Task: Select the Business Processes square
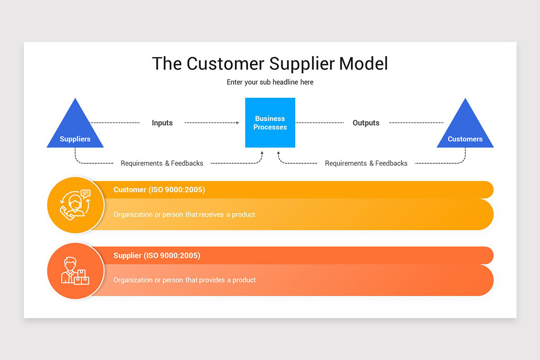coord(270,122)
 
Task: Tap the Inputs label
coord(162,123)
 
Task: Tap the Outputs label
coord(366,123)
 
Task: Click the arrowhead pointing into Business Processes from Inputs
coord(237,122)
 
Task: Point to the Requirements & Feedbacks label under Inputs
coord(162,163)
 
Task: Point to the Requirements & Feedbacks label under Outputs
coord(366,163)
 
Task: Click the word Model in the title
coord(363,63)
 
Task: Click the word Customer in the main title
coord(223,63)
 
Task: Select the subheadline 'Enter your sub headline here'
coord(270,82)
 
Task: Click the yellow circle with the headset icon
coord(75,205)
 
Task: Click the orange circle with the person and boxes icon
coord(75,270)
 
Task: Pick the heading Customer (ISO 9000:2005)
coord(159,190)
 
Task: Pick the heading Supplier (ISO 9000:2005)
coord(157,256)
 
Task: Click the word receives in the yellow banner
coord(211,215)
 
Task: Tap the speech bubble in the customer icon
coord(85,194)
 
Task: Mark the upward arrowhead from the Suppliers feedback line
coord(262,153)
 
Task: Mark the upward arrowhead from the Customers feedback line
coord(279,153)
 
